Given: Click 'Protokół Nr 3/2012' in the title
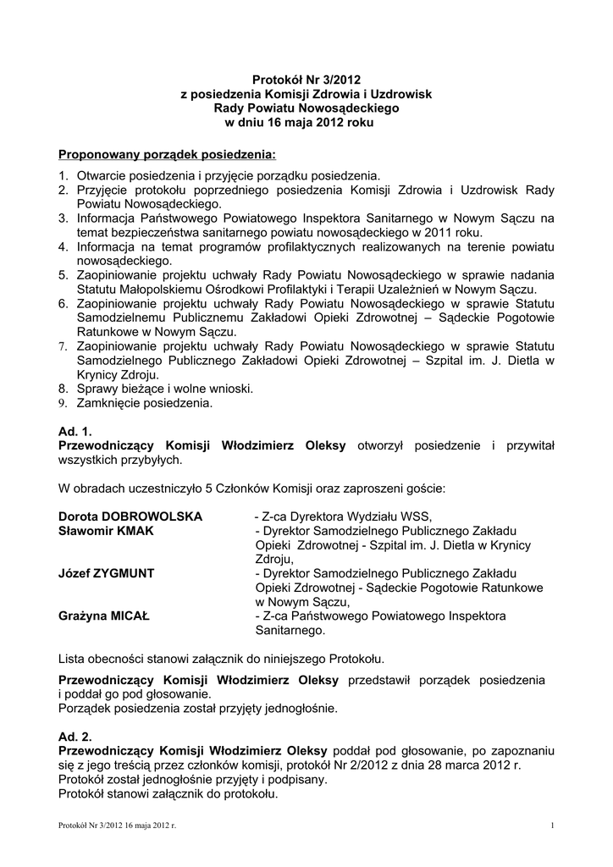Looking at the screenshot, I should point(306,80).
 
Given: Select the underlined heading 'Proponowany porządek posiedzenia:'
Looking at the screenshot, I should point(167,155).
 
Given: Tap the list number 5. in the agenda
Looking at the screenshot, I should point(64,276).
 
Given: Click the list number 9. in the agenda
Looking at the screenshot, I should point(64,404).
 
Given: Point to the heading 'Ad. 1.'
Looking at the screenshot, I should point(75,432).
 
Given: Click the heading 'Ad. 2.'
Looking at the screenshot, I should point(75,737).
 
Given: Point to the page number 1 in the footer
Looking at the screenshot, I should point(551,825).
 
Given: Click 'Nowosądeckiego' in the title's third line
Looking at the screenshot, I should point(348,108).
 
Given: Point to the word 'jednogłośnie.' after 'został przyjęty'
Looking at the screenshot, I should point(302,708).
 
